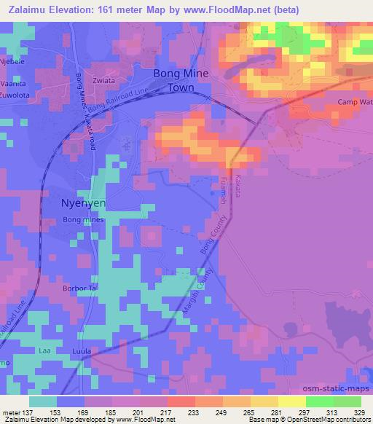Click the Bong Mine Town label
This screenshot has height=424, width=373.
pos(181,79)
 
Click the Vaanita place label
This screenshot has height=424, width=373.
pos(12,84)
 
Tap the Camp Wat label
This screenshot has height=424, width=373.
pos(355,101)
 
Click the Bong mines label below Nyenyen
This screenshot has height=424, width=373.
pos(84,219)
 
